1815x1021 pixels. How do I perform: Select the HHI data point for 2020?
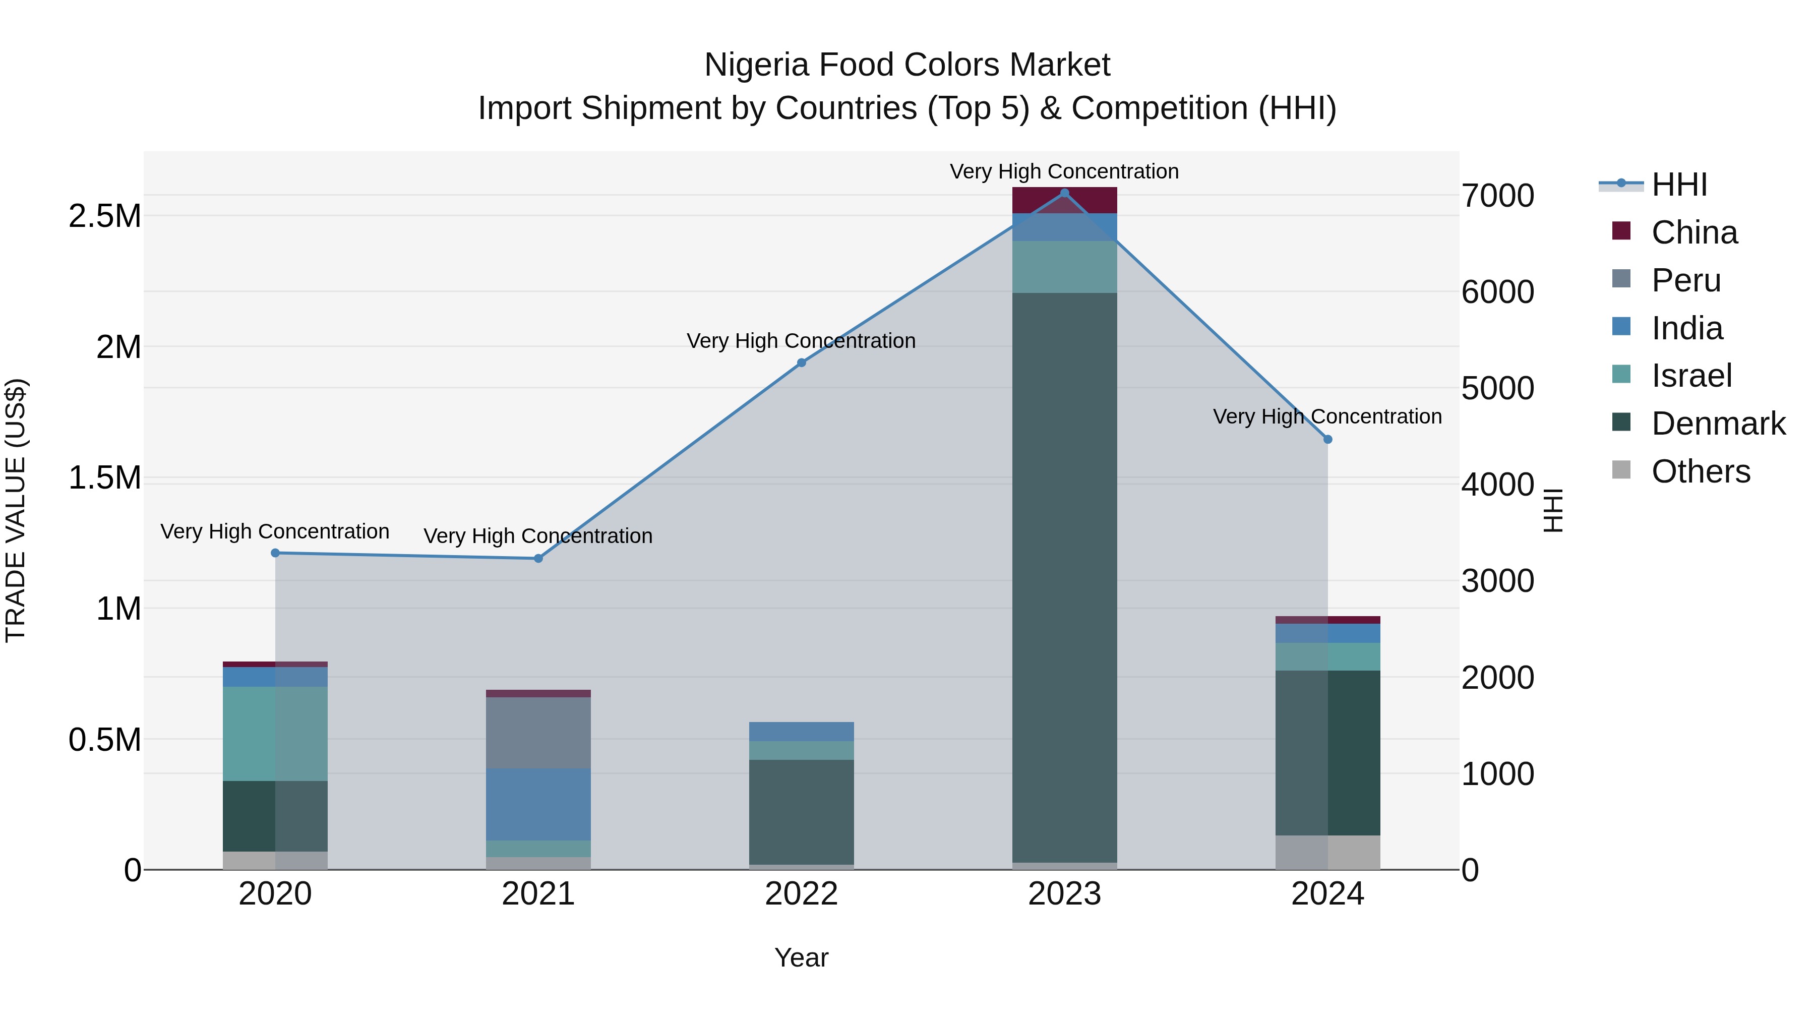coord(275,553)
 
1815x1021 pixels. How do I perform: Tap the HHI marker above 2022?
coord(801,363)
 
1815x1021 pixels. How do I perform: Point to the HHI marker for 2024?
coord(1327,440)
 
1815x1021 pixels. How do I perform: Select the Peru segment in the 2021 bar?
coord(538,733)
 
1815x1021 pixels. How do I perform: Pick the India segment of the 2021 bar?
coord(538,804)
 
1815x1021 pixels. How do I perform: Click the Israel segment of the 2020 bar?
coord(275,734)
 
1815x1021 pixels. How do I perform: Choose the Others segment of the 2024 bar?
coord(1327,852)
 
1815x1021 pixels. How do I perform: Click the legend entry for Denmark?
coord(1718,424)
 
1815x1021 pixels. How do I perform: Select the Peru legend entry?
coord(1685,280)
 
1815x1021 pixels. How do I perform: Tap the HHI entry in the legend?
coord(1678,185)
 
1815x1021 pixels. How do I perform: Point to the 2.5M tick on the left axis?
coord(105,216)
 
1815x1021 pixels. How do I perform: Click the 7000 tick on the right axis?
coord(1497,196)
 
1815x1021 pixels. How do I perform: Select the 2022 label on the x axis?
coord(801,894)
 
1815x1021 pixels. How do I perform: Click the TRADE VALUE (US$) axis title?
coord(16,510)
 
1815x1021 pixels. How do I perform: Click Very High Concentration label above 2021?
coord(538,536)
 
